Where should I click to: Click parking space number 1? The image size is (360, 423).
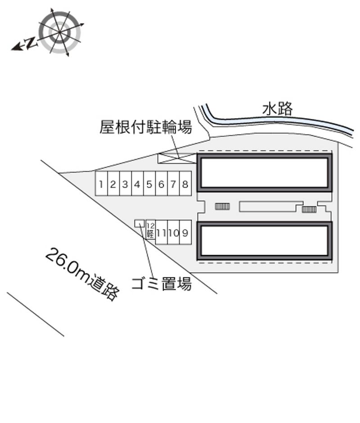(x=101, y=184)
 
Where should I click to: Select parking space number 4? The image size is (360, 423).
(x=137, y=184)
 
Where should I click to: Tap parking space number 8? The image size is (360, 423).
(x=185, y=184)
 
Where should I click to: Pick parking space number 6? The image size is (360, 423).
(x=162, y=184)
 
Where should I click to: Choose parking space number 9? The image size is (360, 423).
(x=185, y=232)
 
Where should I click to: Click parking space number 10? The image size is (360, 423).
(x=174, y=232)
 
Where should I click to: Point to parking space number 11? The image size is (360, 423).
(x=162, y=232)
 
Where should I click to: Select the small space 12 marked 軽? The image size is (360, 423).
(x=151, y=230)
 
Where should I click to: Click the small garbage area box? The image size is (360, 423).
(x=139, y=223)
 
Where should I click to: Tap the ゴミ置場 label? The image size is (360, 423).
(x=162, y=284)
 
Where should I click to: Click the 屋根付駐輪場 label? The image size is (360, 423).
(x=146, y=126)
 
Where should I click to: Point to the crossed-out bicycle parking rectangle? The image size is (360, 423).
(x=177, y=158)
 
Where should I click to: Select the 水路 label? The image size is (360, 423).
(x=277, y=109)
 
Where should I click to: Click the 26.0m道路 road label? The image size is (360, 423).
(x=82, y=273)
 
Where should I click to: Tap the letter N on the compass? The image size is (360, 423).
(x=31, y=43)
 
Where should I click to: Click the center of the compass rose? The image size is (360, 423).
(x=60, y=32)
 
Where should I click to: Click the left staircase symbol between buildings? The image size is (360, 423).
(x=222, y=207)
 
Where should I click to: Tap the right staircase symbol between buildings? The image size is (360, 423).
(x=309, y=209)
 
